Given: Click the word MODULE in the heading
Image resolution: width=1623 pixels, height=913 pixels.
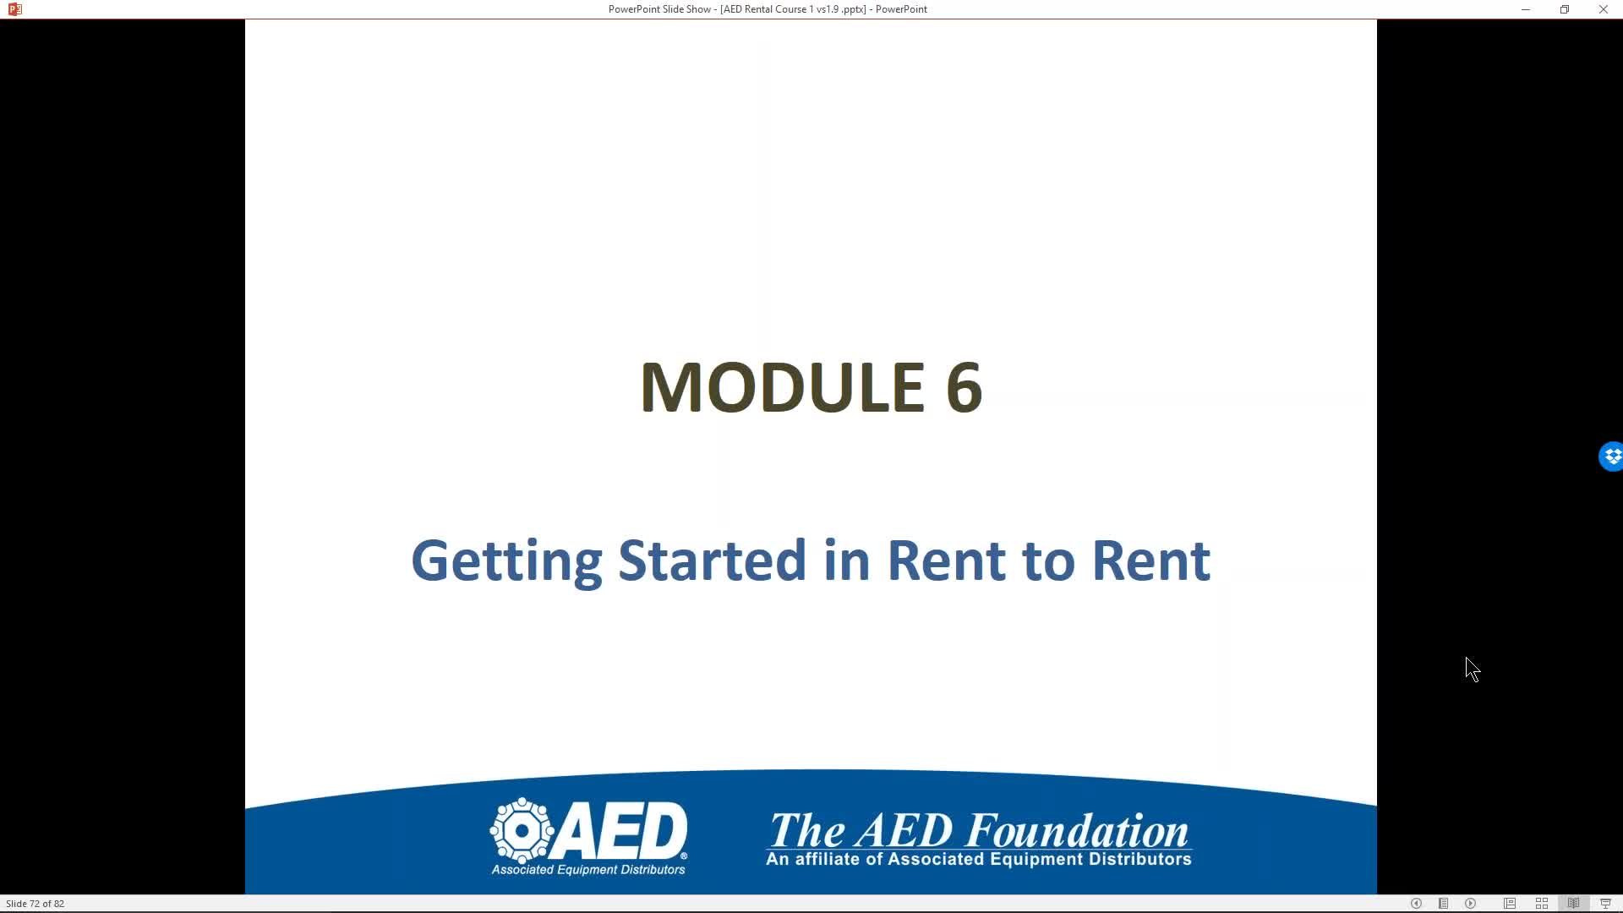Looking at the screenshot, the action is [x=782, y=387].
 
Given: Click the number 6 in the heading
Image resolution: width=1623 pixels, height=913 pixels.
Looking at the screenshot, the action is [x=964, y=387].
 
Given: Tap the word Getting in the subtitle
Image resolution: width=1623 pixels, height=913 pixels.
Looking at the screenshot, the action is [x=506, y=561].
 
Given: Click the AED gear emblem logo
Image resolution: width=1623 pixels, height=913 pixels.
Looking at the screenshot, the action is [x=522, y=830].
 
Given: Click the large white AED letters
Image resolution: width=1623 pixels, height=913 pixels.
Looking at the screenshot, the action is [x=621, y=830].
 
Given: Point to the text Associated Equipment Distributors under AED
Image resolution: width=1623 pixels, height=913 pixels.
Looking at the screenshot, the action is [x=588, y=870].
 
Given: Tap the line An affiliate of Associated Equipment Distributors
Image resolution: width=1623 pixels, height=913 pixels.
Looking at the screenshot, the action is [x=979, y=860].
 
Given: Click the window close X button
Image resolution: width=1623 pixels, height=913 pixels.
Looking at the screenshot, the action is [x=1603, y=9].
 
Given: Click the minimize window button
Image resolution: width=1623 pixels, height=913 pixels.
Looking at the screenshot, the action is [x=1526, y=9].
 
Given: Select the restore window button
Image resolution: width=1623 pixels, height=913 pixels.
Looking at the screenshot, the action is [x=1565, y=9].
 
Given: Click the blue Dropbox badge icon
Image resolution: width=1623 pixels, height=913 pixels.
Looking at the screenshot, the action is [x=1611, y=456].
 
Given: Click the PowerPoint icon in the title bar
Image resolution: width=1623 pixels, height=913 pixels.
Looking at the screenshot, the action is [x=14, y=9].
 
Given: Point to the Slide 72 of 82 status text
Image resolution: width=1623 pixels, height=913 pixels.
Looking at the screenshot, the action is [x=35, y=904].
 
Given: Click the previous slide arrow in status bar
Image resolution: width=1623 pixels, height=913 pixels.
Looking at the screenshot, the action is [x=1416, y=904].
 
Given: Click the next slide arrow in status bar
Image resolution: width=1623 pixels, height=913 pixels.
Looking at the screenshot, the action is [x=1471, y=904].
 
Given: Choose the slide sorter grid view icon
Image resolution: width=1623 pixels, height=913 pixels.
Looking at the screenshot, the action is [x=1542, y=904].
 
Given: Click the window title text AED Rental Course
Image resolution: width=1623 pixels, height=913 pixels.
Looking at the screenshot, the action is [x=768, y=9].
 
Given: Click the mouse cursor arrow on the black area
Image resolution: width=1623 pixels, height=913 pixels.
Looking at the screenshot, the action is [x=1473, y=670].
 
